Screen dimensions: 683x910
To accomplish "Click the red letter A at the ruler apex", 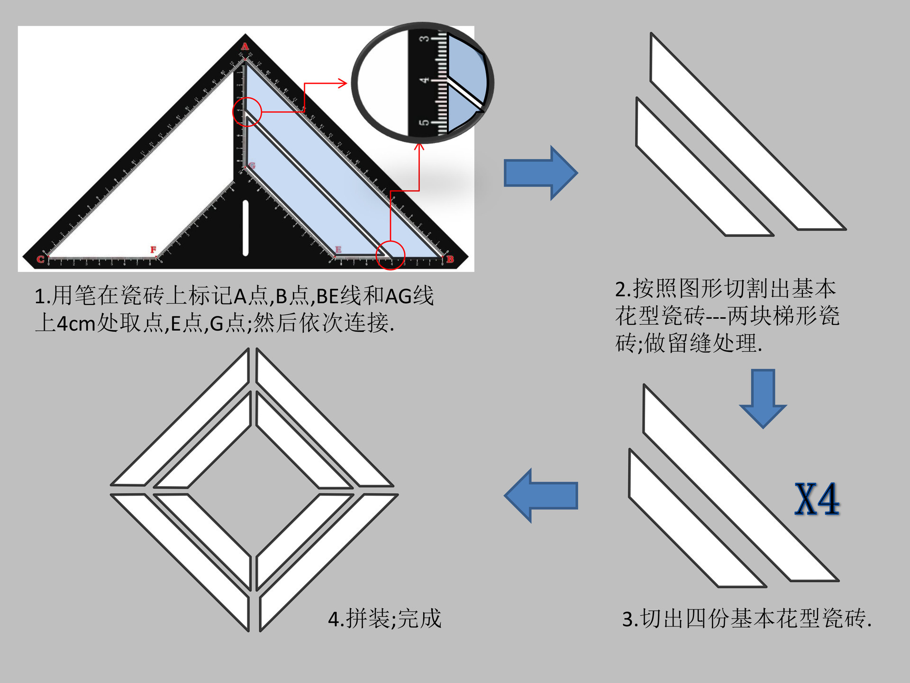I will click(x=245, y=46).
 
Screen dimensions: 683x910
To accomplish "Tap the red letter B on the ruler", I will click(x=450, y=259).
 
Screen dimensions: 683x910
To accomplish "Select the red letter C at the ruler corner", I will click(x=40, y=259).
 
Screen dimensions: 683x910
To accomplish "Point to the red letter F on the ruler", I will click(x=153, y=249).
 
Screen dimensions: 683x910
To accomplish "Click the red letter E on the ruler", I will click(x=338, y=249).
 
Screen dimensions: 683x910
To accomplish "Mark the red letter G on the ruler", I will click(x=252, y=166).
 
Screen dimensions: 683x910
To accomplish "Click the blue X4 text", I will click(x=817, y=499).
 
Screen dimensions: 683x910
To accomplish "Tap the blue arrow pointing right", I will click(x=540, y=173).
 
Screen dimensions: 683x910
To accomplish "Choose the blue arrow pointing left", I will click(x=541, y=496).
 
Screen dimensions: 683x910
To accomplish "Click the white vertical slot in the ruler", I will click(x=246, y=228).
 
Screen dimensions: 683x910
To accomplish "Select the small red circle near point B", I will click(x=390, y=255).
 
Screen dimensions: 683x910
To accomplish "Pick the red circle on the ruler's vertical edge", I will click(x=247, y=112).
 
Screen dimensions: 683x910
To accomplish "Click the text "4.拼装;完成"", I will click(x=384, y=619).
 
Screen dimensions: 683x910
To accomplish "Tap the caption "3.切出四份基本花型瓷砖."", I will click(x=746, y=619).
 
